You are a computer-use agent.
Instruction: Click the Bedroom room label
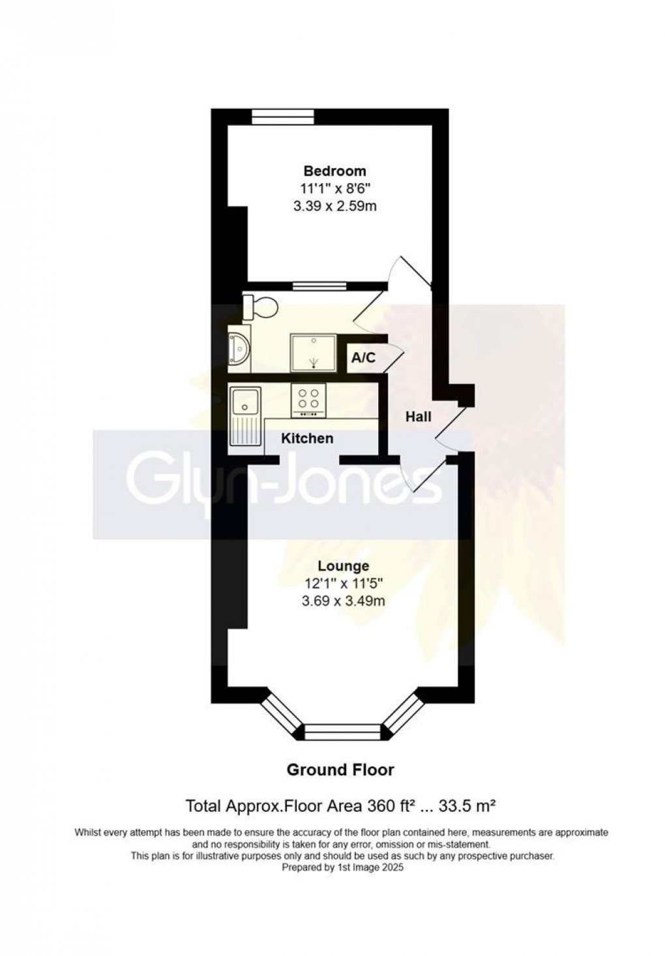pyautogui.click(x=334, y=171)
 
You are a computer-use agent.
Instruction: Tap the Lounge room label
pyautogui.click(x=343, y=566)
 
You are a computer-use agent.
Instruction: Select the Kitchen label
pyautogui.click(x=306, y=438)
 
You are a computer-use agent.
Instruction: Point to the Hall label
pyautogui.click(x=418, y=417)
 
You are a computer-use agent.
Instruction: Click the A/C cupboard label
pyautogui.click(x=363, y=357)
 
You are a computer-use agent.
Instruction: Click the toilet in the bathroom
pyautogui.click(x=259, y=307)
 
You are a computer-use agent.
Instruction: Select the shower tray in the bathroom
pyautogui.click(x=314, y=353)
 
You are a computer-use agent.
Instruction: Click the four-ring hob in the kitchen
pyautogui.click(x=308, y=400)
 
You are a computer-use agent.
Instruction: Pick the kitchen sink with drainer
pyautogui.click(x=245, y=415)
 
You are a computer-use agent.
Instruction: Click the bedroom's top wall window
pyautogui.click(x=282, y=117)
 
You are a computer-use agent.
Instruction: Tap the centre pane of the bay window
pyautogui.click(x=342, y=732)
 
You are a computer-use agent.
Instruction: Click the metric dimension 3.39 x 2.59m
pyautogui.click(x=334, y=207)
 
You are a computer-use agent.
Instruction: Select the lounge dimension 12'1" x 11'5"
pyautogui.click(x=343, y=584)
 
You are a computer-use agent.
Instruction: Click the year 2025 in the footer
pyautogui.click(x=393, y=868)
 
